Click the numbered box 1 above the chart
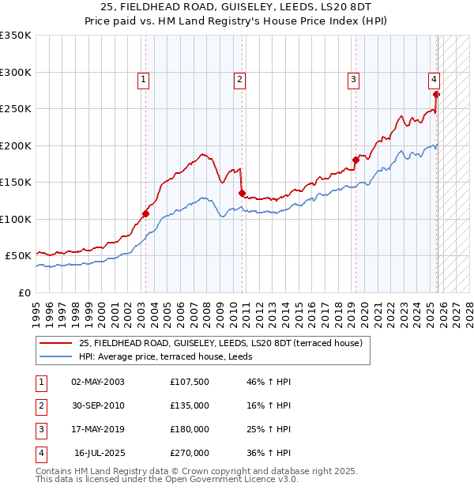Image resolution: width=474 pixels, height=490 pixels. coord(143,79)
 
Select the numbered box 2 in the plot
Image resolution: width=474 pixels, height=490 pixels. coord(239,79)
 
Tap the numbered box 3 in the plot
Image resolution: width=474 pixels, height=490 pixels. coord(353,79)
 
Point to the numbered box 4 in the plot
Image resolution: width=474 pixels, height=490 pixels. coord(434,79)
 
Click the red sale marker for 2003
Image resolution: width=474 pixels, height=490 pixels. coord(145,213)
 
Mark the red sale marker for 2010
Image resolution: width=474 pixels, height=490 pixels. coord(242,193)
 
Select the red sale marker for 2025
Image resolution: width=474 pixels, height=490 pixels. coord(437,94)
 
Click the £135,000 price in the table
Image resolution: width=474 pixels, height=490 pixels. coord(189,405)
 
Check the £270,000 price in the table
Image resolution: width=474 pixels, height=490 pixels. coord(189,453)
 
